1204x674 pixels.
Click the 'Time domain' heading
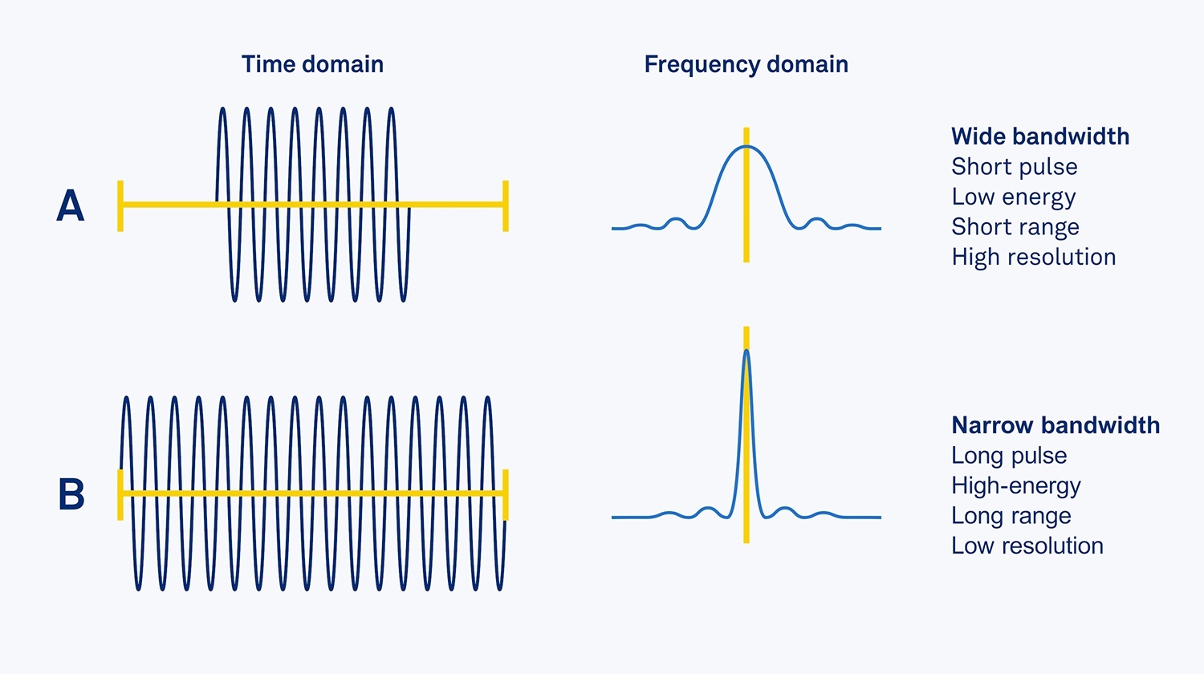pos(312,64)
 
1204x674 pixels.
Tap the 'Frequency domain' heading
pos(746,64)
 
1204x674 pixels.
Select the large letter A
pos(71,206)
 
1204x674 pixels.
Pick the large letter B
pos(71,494)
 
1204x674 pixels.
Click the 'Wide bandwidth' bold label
pos(1040,136)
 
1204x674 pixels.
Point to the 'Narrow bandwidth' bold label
pos(1056,425)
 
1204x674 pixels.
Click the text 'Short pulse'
pos(1014,167)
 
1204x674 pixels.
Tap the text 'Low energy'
pos(1013,197)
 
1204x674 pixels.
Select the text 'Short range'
pos(1015,227)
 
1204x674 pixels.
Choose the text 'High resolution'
pos(1033,257)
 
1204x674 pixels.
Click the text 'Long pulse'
pos(1009,456)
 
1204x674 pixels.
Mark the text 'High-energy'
pos(1015,486)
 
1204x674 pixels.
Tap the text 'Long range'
pos(1011,516)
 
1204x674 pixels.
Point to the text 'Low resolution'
pos(1027,546)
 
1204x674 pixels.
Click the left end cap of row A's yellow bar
pos(120,205)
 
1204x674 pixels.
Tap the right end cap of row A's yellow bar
pos(505,205)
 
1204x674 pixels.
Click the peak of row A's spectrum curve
pos(746,147)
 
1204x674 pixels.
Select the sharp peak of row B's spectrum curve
pos(746,351)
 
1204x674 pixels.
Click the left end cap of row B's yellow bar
pos(120,494)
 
